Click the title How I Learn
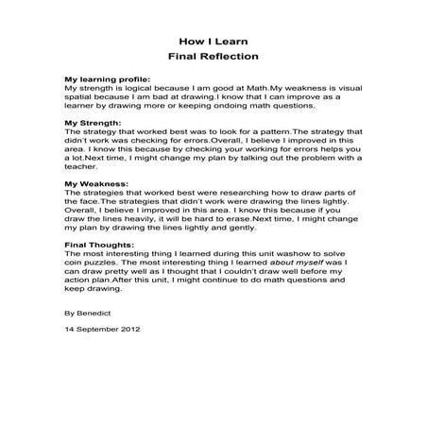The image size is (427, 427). [x=213, y=42]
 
